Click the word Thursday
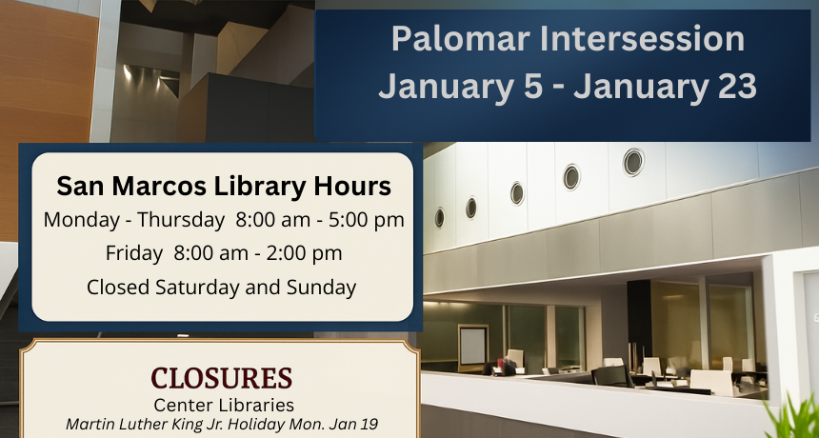coord(180,220)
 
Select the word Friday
coord(134,253)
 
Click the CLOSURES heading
coord(221,378)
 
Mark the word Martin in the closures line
coord(88,423)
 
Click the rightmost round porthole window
coord(633,162)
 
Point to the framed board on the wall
coord(473,345)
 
